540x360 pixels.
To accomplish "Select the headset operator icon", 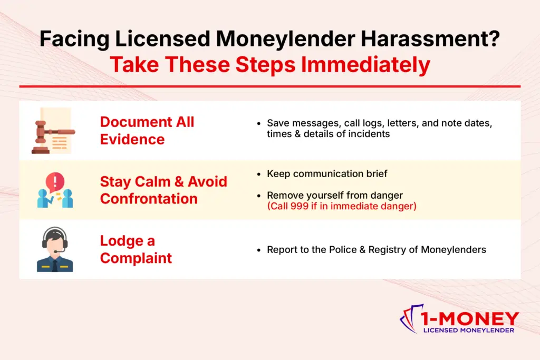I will pos(55,249).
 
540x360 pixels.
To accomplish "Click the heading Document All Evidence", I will pos(147,130).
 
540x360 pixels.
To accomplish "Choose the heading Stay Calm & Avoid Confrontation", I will pos(163,190).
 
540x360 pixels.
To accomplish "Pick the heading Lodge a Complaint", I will pos(136,249).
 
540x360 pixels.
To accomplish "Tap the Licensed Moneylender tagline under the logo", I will pos(469,330).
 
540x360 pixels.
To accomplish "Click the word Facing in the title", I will pos(72,41).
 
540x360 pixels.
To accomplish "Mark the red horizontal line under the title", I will pos(270,86).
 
